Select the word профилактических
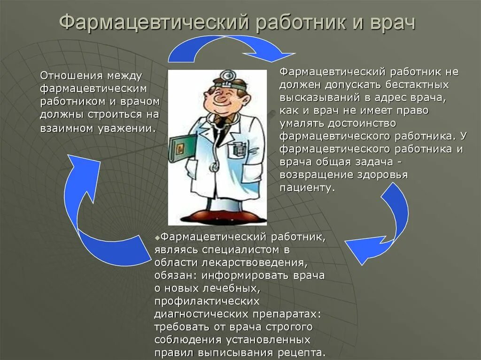(x=206, y=300)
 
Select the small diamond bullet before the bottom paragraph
(x=157, y=237)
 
